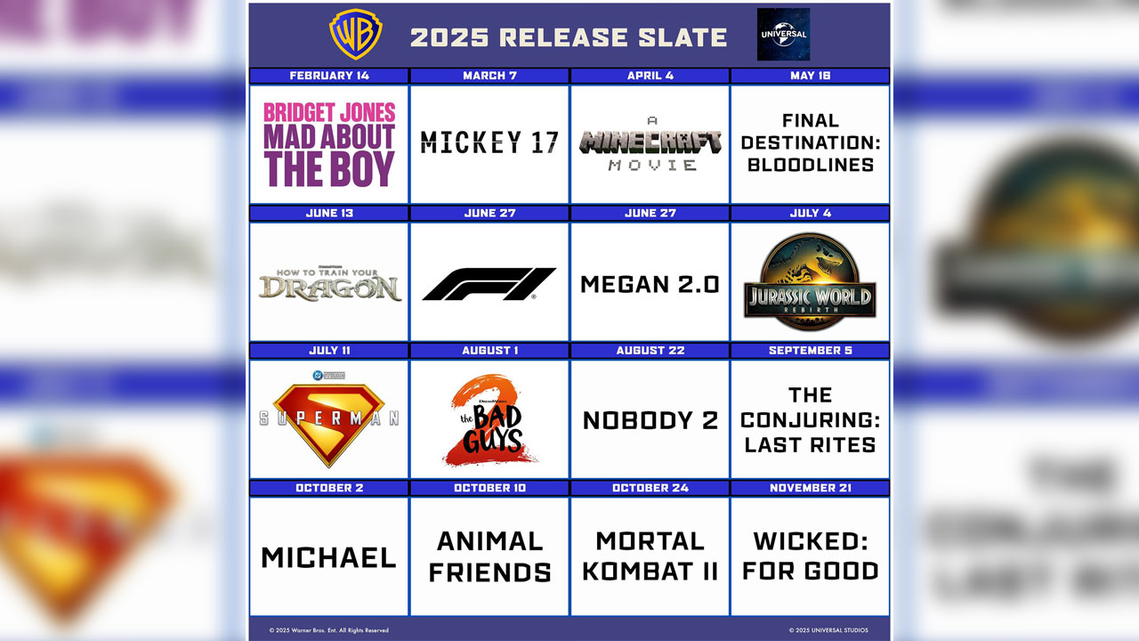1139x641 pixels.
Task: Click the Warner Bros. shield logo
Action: (356, 35)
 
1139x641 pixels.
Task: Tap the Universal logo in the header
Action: (783, 35)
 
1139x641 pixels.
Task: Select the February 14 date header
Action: (329, 76)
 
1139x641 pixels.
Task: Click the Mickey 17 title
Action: (489, 142)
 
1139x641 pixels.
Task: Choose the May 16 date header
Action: (810, 76)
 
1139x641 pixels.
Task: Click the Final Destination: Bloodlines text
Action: (810, 142)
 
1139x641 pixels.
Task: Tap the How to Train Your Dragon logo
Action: (329, 284)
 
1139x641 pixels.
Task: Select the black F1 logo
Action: (489, 284)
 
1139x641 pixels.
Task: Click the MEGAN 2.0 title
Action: (650, 284)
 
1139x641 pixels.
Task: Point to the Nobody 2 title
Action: (650, 420)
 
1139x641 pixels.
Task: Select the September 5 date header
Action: (810, 351)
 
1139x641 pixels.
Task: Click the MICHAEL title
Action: (329, 557)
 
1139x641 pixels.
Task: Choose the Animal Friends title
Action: (489, 556)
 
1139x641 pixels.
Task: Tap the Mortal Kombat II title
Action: (650, 556)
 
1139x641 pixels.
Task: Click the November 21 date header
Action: (810, 488)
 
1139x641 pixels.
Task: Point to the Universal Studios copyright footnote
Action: (828, 630)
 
